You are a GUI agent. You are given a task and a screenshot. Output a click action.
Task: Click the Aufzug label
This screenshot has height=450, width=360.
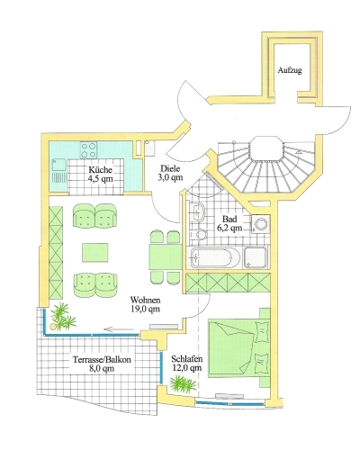tap(290, 70)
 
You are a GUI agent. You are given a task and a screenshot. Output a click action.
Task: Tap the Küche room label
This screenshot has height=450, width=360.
tap(100, 170)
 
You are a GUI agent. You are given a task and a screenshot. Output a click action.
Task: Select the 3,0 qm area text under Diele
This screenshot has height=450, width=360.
tap(170, 177)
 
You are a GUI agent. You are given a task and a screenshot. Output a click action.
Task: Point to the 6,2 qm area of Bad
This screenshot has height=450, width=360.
tap(229, 228)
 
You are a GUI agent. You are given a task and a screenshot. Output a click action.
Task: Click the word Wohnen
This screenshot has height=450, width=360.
tap(145, 300)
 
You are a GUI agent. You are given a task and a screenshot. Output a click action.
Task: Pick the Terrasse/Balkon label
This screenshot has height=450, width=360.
tap(102, 360)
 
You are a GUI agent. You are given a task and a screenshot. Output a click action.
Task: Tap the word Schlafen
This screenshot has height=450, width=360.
tap(187, 359)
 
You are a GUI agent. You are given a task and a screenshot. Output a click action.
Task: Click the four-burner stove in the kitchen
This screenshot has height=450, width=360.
tap(89, 150)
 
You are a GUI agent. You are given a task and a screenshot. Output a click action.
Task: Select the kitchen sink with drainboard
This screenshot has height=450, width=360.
tap(60, 170)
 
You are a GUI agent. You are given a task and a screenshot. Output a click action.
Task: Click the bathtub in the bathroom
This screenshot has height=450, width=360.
tap(215, 257)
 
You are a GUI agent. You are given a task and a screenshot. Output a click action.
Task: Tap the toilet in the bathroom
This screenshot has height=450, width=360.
tap(199, 234)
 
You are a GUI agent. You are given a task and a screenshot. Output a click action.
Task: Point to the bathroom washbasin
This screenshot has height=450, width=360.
tap(197, 211)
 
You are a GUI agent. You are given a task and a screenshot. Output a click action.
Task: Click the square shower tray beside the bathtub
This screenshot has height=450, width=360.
tap(255, 257)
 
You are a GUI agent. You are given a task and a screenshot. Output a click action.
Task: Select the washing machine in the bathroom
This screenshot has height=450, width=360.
tap(261, 224)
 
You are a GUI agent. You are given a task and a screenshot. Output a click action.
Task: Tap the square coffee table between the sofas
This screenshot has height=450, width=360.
tap(95, 253)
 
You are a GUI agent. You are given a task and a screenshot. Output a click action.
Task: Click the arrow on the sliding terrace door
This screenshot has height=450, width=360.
tap(119, 329)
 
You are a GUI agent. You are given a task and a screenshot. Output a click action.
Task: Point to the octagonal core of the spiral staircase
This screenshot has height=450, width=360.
tap(267, 149)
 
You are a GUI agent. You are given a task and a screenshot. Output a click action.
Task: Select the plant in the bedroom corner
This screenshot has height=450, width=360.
tap(184, 384)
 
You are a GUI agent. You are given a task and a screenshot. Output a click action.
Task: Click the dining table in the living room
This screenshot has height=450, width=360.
tap(166, 257)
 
